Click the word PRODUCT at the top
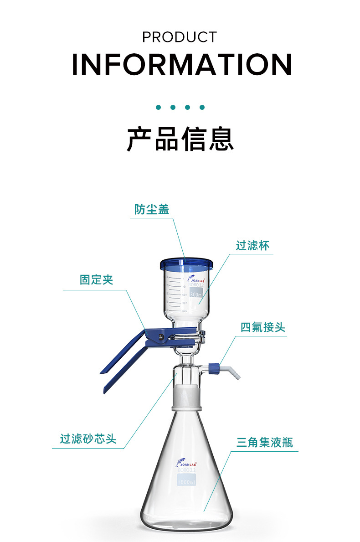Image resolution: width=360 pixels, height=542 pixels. click(180, 37)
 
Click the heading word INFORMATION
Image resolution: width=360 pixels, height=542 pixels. click(181, 65)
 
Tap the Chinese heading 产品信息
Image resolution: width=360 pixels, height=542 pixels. click(180, 139)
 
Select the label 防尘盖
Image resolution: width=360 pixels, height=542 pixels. click(152, 209)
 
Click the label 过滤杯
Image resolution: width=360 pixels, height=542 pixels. click(252, 246)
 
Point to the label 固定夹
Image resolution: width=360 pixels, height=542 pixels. click(96, 280)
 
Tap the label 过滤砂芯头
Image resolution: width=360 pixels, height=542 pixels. click(88, 439)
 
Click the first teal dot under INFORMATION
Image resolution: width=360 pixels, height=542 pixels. click(159, 108)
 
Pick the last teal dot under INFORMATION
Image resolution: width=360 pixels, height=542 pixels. click(202, 108)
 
